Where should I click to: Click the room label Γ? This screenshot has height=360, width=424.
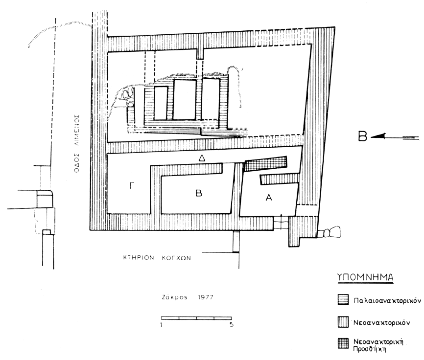pos(131,186)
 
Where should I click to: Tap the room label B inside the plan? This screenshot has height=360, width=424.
pos(199,193)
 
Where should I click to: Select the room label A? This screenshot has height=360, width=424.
pos(268,198)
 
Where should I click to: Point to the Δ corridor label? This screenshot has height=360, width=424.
pos(202,158)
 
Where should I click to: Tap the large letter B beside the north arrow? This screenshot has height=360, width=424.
pos(362,136)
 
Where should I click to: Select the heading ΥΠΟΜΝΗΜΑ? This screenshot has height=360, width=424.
pos(365,278)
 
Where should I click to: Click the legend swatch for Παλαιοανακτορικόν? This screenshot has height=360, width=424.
pos(343,300)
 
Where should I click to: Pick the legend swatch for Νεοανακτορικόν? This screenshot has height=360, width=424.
pos(343,322)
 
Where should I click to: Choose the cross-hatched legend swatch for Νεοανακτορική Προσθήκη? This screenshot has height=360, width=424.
pos(343,343)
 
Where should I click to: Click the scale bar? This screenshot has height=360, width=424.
pos(196,318)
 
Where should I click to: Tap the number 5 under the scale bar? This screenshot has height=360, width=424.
pos(232,325)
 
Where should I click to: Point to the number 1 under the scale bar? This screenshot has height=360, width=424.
pos(162,325)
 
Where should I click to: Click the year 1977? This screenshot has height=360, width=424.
pos(206,297)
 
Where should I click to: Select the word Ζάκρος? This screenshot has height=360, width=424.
pos(175,297)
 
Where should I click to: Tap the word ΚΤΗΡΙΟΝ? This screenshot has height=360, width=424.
pos(139,258)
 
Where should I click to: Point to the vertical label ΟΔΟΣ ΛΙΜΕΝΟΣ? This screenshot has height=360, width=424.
pos(76,144)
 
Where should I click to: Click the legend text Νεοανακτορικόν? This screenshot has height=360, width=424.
pos(382,322)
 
